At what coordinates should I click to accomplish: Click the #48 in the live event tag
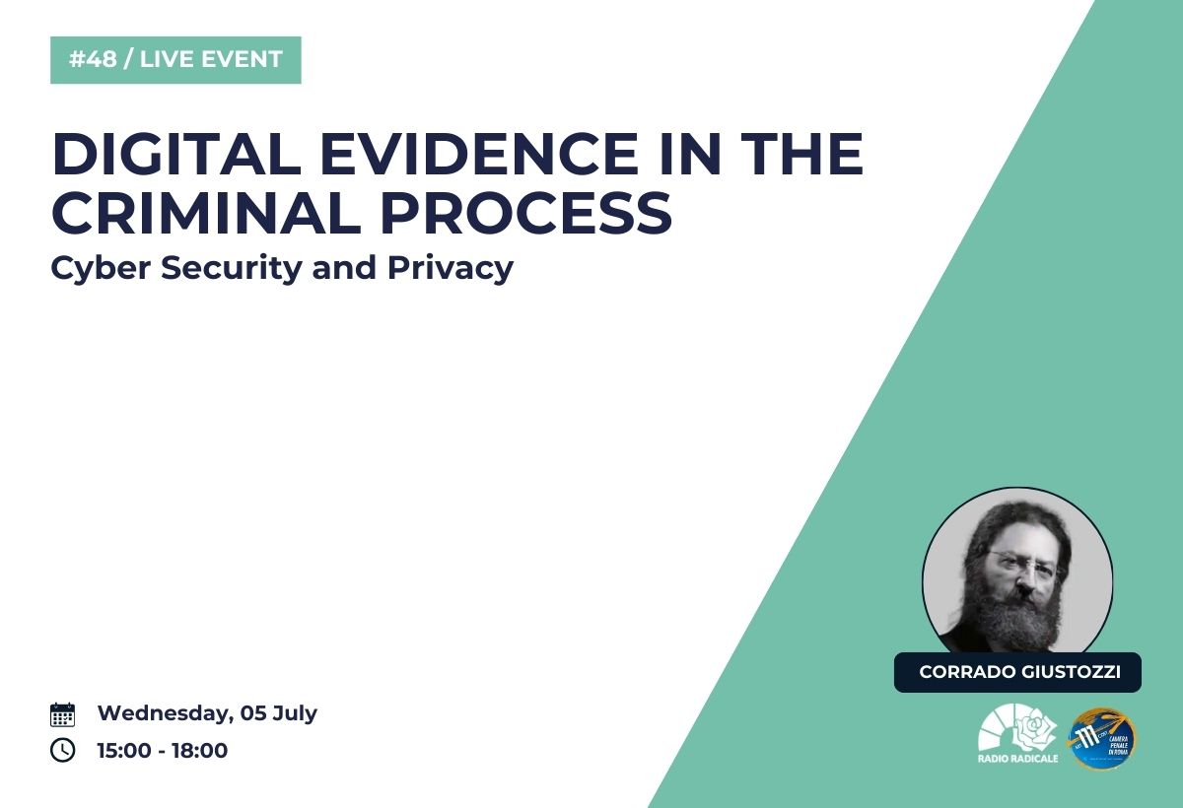coord(93,59)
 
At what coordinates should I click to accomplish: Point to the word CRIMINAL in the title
coord(206,212)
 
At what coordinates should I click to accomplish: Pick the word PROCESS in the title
coord(526,212)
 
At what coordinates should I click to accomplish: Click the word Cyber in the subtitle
coord(101,269)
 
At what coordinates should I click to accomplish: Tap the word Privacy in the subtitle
coord(451,269)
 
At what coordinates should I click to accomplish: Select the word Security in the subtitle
coord(232,269)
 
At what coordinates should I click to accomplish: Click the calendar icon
coord(62,714)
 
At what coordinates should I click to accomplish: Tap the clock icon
coord(62,750)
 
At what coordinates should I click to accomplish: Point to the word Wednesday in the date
coord(166,713)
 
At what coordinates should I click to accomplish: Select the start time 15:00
coord(124,750)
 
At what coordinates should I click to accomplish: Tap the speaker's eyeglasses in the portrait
coord(1021,563)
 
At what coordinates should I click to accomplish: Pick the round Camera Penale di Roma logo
coord(1103,738)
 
